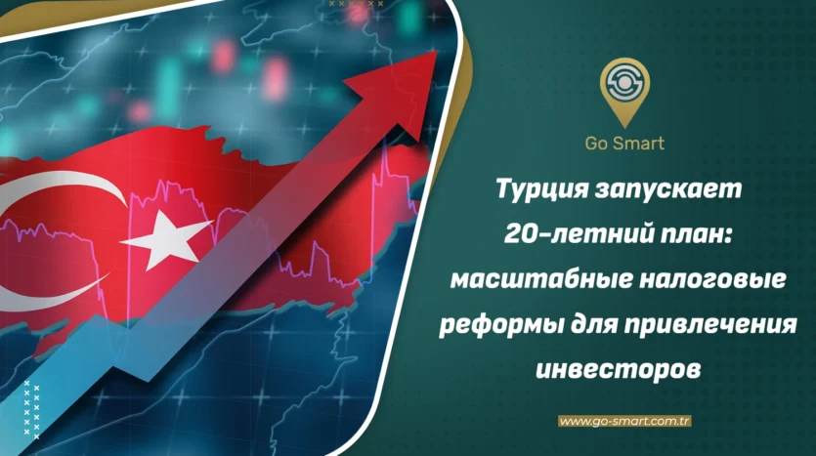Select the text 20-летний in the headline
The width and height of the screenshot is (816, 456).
coord(577,235)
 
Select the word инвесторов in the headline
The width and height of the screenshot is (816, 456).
coord(619,370)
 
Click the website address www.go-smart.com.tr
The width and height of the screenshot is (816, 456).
coord(624,421)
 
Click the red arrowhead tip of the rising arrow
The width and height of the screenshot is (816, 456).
coord(436,51)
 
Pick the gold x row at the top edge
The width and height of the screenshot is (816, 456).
coord(357,4)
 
